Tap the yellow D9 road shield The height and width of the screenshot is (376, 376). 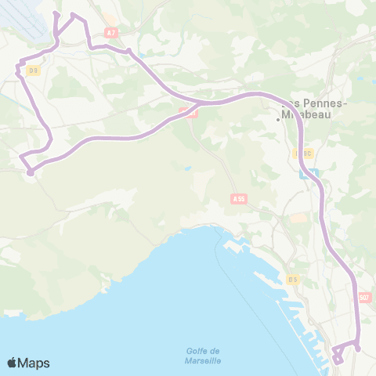pos(33,70)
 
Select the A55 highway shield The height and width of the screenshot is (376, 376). pos(239,200)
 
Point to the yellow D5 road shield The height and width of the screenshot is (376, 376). pos(292,279)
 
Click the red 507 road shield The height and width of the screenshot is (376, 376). pos(364,298)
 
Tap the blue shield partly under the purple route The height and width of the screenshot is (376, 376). pos(311,173)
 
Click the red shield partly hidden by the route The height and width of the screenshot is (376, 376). pos(190,113)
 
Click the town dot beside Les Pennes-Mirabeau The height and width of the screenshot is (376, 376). pos(278,119)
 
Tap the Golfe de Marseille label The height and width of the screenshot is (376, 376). pos(204,355)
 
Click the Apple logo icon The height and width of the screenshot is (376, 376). pos(13,363)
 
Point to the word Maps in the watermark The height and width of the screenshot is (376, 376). pos(34,363)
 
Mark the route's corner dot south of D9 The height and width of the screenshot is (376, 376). pos(29,172)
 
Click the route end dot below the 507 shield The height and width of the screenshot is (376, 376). pos(358,349)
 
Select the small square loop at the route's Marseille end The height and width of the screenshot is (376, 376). pos(337,356)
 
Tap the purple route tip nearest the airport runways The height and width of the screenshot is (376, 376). pos(56,14)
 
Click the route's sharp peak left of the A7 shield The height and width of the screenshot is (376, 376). pos(73,15)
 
